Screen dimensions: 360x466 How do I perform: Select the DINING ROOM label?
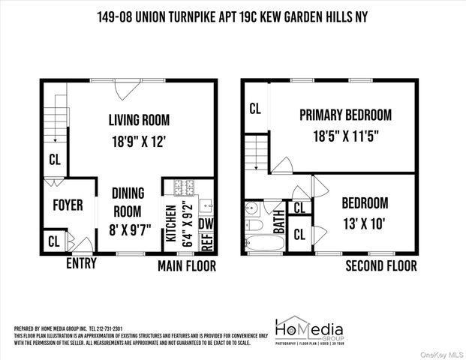point(128,200)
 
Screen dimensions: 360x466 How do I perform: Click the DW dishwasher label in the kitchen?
point(207,223)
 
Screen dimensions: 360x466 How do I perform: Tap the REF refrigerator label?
point(207,241)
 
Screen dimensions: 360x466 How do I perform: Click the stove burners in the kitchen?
point(184,187)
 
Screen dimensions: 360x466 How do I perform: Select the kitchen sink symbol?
point(207,203)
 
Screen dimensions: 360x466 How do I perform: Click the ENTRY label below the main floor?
point(82,264)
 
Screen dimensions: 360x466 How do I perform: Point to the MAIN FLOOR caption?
point(186,265)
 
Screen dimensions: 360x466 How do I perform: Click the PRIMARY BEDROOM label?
point(345,115)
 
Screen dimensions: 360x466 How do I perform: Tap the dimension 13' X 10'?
point(365,222)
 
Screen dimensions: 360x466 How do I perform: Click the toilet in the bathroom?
point(254,224)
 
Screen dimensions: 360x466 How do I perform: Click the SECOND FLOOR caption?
point(380,265)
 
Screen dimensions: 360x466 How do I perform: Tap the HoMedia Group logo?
point(310,330)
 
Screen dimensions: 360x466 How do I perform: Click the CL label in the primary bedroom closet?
point(255,109)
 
